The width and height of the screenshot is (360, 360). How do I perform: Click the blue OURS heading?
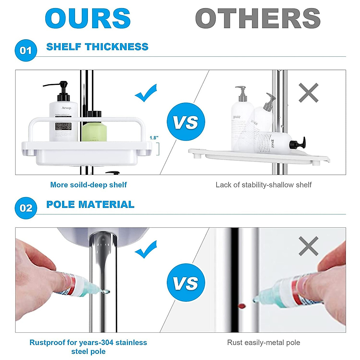[88, 19]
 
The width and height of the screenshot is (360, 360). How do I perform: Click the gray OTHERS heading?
[258, 19]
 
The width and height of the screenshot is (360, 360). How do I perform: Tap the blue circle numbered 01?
[26, 50]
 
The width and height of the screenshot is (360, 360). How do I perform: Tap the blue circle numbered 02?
[26, 208]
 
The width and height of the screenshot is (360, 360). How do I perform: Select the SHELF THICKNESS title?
[97, 47]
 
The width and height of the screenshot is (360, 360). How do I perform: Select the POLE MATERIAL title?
[90, 205]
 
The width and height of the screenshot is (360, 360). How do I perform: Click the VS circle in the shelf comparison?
[186, 121]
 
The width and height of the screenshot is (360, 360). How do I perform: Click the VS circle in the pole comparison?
[186, 283]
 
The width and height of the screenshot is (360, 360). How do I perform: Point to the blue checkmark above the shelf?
[146, 93]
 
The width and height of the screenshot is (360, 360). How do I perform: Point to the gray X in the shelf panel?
[308, 93]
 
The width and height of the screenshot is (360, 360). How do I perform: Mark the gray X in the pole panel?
[308, 246]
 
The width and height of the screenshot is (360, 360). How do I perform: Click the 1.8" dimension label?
[154, 138]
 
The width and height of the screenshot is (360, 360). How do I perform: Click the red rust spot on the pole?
[241, 306]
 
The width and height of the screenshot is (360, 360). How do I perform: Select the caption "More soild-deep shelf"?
[88, 185]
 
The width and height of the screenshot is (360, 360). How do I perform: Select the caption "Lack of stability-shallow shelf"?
[263, 185]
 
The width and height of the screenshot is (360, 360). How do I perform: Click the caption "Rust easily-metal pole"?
[263, 343]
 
